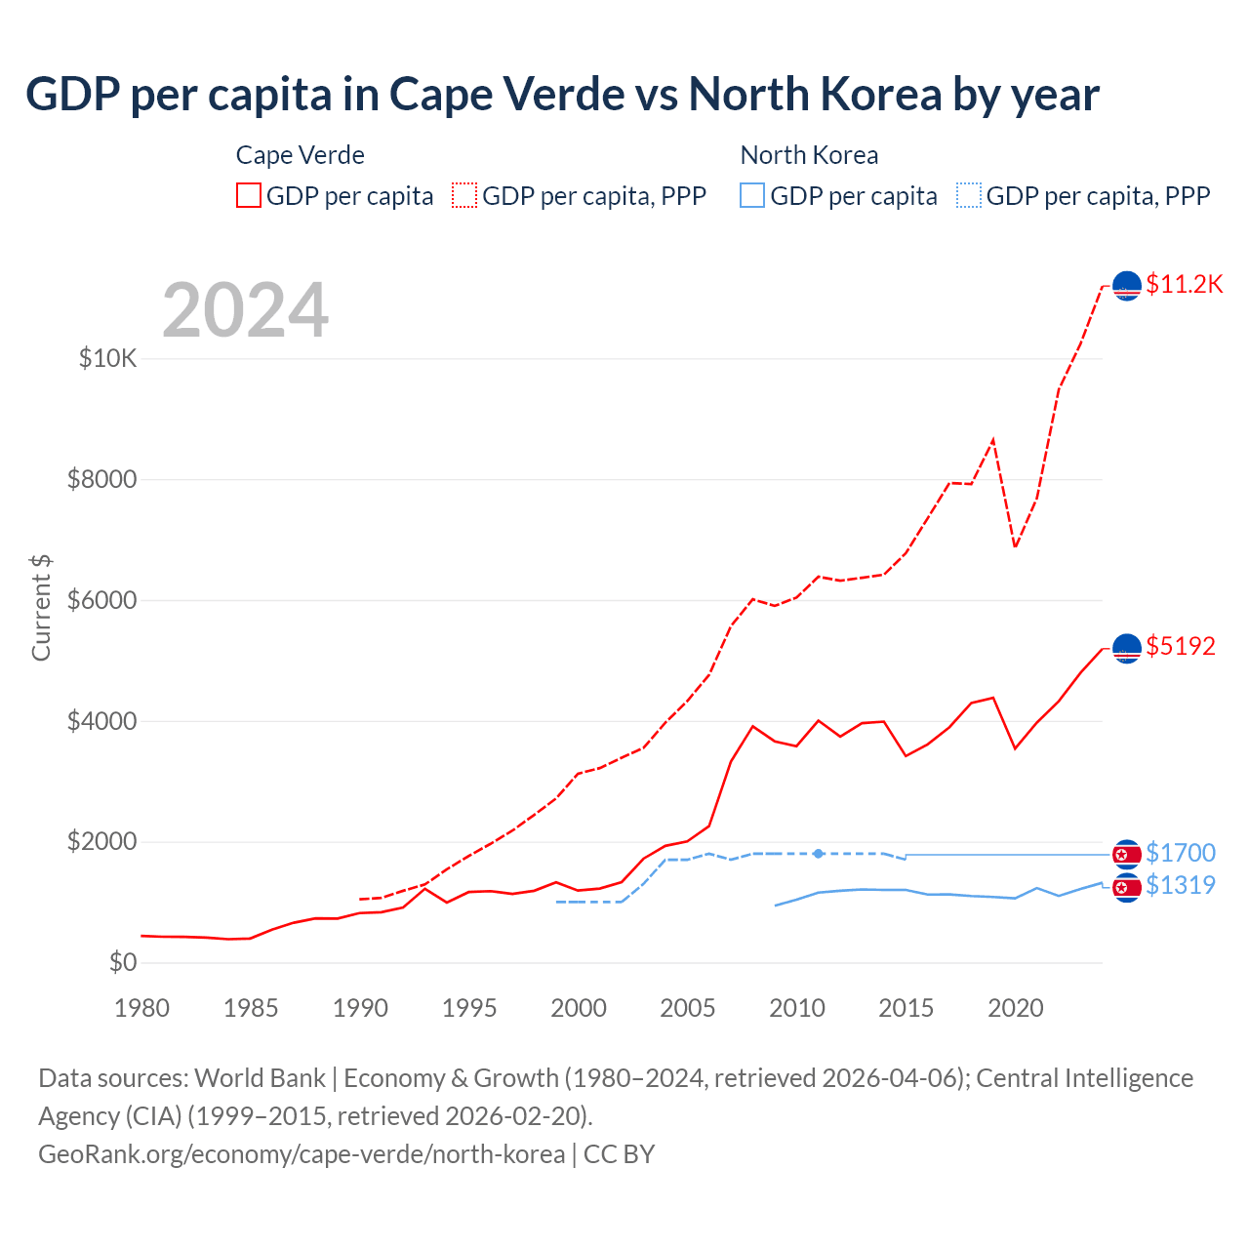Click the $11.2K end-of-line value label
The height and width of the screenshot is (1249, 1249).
point(1184,284)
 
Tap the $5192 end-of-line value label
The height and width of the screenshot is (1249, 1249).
point(1181,646)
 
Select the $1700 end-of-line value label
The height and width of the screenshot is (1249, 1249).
point(1181,853)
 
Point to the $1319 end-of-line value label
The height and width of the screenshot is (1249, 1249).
point(1181,885)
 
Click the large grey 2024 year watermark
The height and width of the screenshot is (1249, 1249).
point(245,311)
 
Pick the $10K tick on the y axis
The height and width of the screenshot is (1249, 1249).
point(108,358)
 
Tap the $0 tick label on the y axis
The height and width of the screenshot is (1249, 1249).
point(123,962)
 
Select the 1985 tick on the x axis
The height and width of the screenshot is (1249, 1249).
point(251,1008)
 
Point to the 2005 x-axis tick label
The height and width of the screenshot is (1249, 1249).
point(688,1008)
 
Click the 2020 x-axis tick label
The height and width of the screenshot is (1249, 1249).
point(1016,1008)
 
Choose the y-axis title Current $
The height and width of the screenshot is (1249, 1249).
point(41,607)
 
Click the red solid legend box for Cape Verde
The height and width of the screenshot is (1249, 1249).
point(249,195)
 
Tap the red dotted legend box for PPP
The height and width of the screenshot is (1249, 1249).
point(464,195)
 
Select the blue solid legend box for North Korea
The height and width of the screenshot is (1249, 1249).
point(752,195)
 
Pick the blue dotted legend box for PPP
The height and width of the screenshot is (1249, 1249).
point(969,195)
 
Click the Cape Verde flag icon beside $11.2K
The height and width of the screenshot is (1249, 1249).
point(1127,286)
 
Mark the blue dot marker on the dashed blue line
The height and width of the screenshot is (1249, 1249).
point(819,854)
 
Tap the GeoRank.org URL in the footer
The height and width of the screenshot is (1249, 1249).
point(302,1154)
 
